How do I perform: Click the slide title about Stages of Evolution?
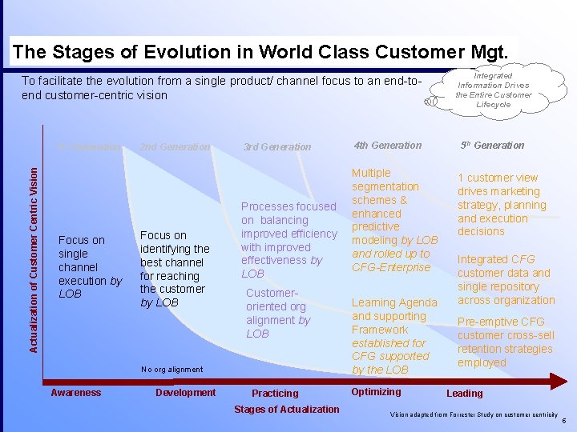tap(260, 53)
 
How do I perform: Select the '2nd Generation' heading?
tap(175, 147)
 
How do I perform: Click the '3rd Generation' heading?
tap(277, 147)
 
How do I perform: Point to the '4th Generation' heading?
tap(387, 146)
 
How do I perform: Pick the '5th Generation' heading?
tap(492, 146)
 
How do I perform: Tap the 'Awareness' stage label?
tap(76, 393)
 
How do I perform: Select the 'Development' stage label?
tap(185, 393)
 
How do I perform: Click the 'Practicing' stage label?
tap(275, 394)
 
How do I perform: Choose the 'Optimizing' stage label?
tap(376, 392)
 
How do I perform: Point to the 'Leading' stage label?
tap(465, 394)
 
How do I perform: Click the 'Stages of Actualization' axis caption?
tap(286, 410)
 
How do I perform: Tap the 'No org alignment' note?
tap(171, 370)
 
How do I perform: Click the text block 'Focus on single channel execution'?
tap(90, 267)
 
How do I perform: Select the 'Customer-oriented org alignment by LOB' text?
tap(278, 314)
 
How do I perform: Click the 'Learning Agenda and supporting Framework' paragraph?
tap(394, 336)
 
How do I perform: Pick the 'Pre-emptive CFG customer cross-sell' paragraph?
tap(505, 342)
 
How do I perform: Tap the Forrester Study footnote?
tap(473, 415)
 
